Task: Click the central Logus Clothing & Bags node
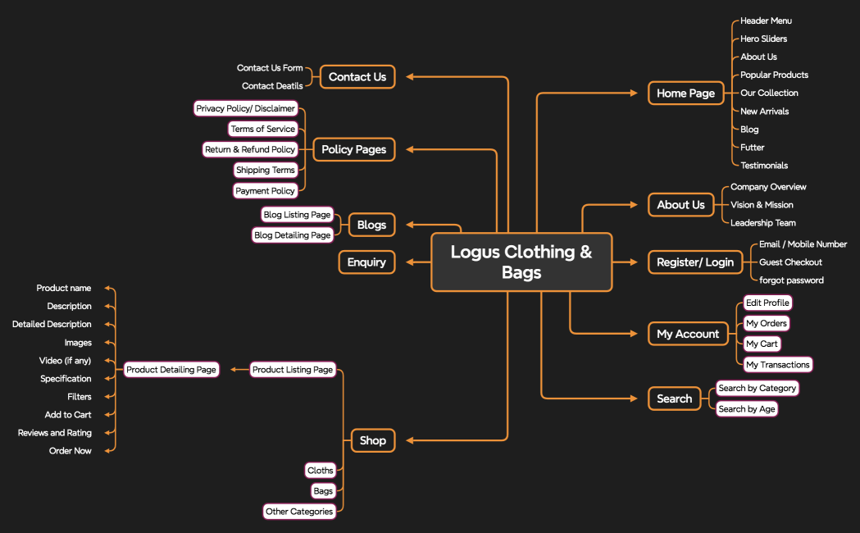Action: point(521,262)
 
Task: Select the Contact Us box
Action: point(357,77)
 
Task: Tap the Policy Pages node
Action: point(354,149)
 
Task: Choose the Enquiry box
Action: point(366,262)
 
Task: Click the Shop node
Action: point(372,440)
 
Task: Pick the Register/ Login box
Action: point(694,262)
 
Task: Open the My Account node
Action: point(687,334)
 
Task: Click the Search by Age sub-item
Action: point(746,409)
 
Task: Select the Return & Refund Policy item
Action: point(250,150)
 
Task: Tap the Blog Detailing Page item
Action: point(293,235)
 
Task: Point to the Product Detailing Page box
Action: point(171,370)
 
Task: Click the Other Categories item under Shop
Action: point(299,512)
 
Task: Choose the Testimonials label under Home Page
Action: point(764,166)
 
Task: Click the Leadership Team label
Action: point(763,223)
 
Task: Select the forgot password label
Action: point(791,280)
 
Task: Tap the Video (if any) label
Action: point(66,361)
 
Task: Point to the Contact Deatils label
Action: point(272,86)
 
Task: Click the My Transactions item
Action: point(777,365)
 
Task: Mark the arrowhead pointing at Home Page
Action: point(633,93)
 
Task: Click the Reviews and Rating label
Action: point(55,433)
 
